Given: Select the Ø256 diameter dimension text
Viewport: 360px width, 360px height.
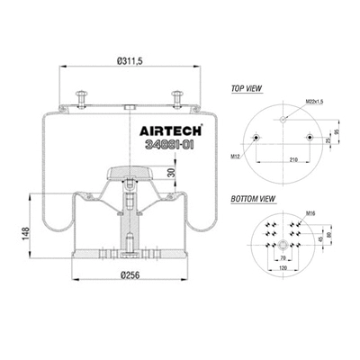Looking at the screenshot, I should point(131,276).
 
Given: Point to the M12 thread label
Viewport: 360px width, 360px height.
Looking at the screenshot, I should point(236,155).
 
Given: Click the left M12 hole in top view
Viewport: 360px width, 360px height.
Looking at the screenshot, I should point(257,139).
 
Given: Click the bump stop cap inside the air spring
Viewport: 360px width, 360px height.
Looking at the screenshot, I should point(132,171).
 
